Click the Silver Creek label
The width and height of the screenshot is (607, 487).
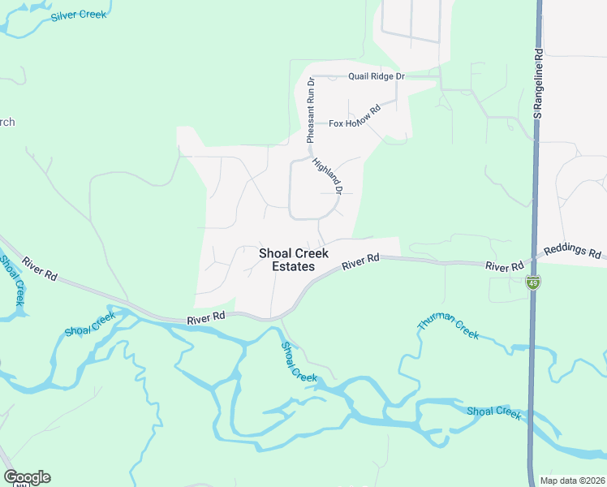pos(79,15)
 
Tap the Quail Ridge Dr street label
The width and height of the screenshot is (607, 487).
pos(377,76)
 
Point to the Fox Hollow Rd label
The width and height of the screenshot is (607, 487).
pos(355,118)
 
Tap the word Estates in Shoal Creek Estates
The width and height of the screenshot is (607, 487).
pos(294,267)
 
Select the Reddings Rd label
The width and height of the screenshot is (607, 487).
pos(575,250)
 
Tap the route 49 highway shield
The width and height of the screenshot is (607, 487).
pos(532,282)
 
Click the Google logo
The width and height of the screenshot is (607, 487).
pos(27,477)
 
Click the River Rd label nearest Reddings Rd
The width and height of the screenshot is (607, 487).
pos(504,266)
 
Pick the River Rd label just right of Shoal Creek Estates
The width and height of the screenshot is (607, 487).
pos(361,263)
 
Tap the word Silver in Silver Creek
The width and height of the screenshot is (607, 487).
pos(66,17)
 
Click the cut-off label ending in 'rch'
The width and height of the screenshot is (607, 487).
pos(6,123)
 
